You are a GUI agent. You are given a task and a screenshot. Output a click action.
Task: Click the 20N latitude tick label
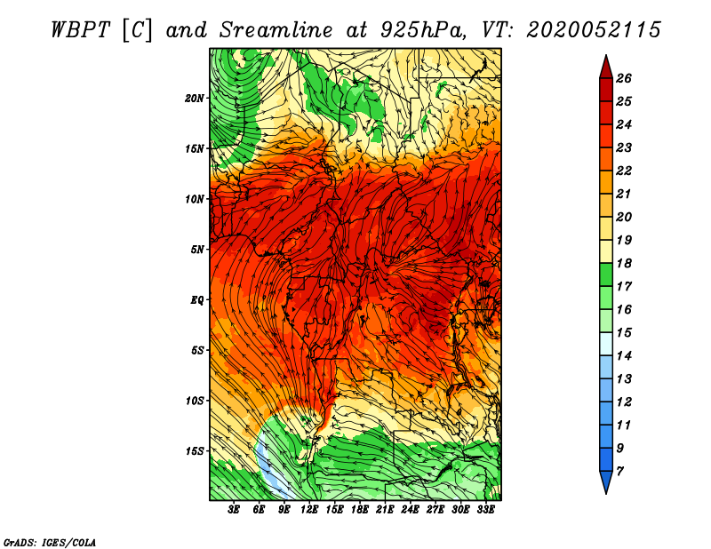195,99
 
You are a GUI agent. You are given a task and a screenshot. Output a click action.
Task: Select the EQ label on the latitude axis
197,300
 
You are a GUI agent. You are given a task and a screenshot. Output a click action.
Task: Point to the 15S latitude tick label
195,451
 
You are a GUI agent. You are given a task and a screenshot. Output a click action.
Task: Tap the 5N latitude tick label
197,250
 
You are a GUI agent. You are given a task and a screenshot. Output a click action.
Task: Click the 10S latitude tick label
195,402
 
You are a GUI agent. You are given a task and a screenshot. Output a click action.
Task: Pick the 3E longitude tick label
234,510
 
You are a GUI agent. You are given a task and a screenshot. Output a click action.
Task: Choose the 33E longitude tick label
485,510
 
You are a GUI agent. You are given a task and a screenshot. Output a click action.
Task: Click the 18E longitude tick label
360,510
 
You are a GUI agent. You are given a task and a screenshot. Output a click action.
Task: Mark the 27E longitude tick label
435,510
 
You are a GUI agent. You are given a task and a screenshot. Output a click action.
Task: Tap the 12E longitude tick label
309,510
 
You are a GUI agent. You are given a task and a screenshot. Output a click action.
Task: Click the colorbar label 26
624,79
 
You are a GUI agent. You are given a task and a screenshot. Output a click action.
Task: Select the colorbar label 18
624,264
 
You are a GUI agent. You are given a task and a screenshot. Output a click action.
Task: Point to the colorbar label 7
619,472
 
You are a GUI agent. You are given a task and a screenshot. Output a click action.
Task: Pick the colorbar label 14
624,356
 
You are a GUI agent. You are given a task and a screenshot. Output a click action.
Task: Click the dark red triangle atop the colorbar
606,68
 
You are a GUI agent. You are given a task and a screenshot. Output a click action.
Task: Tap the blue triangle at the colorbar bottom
606,481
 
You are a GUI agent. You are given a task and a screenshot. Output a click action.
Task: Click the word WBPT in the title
80,30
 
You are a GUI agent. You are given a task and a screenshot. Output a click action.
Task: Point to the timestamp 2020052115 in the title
594,30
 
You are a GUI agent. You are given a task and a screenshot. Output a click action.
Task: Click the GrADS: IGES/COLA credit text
49,543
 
